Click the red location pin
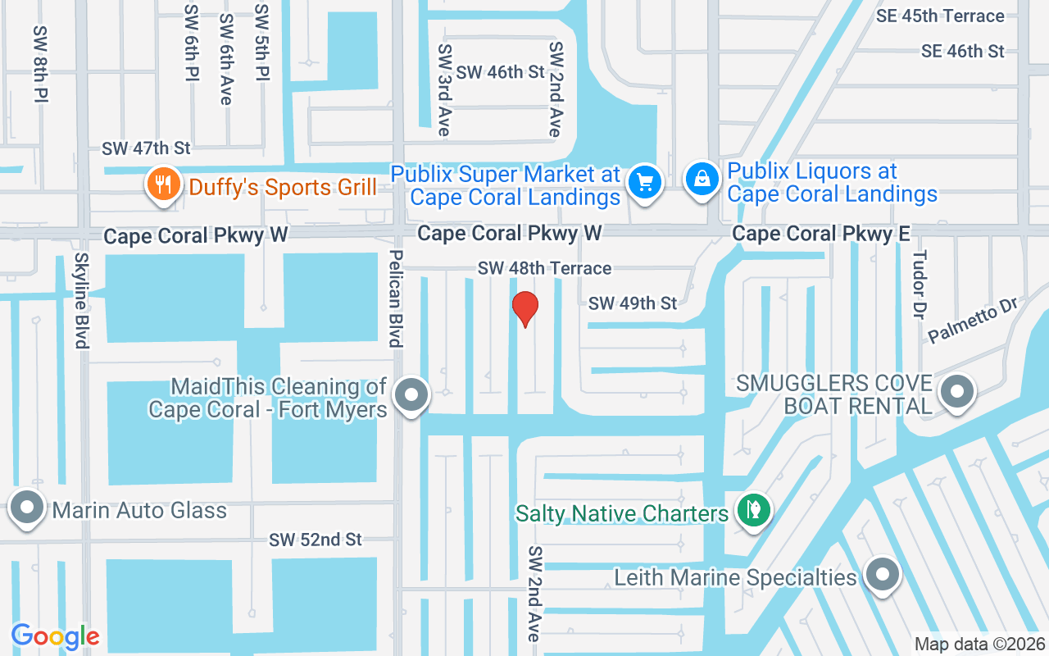pos(524,308)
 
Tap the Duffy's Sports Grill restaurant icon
pos(162,184)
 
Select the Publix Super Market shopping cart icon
pos(644,182)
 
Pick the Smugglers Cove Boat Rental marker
pos(956,392)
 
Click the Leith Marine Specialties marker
pos(882,575)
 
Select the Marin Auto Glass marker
pos(27,508)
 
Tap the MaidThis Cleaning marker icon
pos(411,396)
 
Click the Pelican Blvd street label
pos(395,298)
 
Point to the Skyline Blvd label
pos(81,300)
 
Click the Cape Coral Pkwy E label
pos(820,235)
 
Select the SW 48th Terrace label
pos(545,268)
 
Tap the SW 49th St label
pos(633,303)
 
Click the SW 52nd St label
pos(316,540)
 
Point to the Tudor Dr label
pos(920,284)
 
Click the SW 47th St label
pos(146,148)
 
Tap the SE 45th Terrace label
pos(939,16)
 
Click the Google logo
pos(55,636)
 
